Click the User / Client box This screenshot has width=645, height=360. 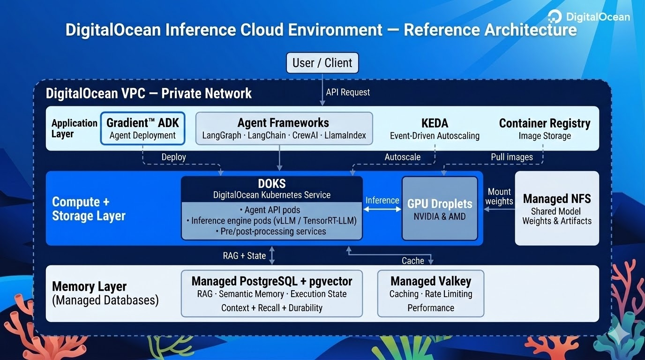tap(322, 63)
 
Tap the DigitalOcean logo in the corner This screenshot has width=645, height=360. tap(589, 17)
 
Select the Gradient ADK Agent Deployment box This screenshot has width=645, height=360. tap(142, 128)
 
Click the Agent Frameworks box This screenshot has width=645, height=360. tap(284, 128)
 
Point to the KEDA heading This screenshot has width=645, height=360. tap(435, 123)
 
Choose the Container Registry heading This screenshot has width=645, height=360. tap(544, 123)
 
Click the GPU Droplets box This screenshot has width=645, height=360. tap(440, 208)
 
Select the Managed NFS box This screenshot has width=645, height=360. tap(557, 208)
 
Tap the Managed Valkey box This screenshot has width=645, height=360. tap(430, 293)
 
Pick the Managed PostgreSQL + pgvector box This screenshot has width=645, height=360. tap(272, 293)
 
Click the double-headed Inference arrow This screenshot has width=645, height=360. tap(382, 210)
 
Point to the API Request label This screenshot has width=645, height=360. tap(348, 92)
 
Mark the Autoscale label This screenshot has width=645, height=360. tap(402, 157)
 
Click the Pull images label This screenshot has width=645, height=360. tap(511, 157)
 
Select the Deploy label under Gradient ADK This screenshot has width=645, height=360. tap(173, 157)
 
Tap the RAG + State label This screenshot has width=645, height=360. tap(244, 256)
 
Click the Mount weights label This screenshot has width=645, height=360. tap(499, 196)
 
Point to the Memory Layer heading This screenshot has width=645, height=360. tap(89, 286)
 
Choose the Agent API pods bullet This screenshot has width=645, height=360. tap(272, 210)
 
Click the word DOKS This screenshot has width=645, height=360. tap(271, 184)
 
